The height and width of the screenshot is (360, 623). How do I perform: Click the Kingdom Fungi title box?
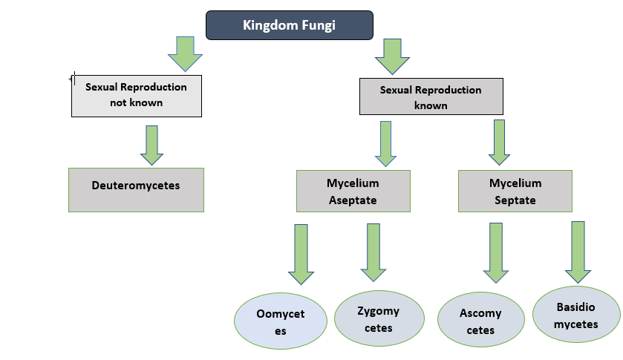click(x=289, y=25)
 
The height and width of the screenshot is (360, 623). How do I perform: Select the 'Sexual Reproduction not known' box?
click(x=136, y=95)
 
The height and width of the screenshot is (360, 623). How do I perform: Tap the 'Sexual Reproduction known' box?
click(x=431, y=97)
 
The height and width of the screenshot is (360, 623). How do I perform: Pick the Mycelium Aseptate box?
click(x=353, y=192)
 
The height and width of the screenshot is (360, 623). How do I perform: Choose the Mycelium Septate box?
click(x=515, y=192)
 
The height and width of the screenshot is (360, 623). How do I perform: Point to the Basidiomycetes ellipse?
click(x=576, y=315)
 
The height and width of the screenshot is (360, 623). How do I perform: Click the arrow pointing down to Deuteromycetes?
click(x=151, y=145)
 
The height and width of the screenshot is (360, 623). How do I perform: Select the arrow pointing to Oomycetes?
click(x=301, y=255)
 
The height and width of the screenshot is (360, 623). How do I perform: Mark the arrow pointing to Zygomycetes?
click(x=374, y=252)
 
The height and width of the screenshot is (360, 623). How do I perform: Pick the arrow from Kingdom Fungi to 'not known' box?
click(x=185, y=53)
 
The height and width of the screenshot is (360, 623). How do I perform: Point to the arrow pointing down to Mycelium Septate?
click(x=499, y=142)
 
